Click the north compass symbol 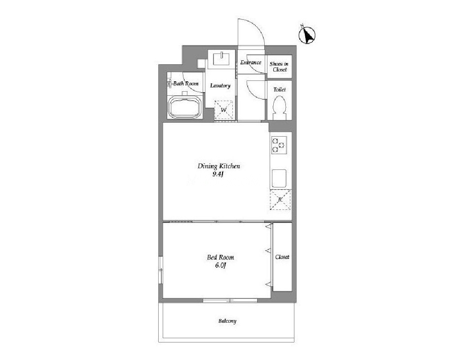pyautogui.click(x=307, y=35)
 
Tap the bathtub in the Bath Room pyautogui.click(x=185, y=107)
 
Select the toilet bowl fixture pyautogui.click(x=280, y=108)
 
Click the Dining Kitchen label pyautogui.click(x=219, y=166)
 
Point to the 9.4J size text pyautogui.click(x=218, y=174)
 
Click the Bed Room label pyautogui.click(x=221, y=258)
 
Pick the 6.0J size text pyautogui.click(x=221, y=266)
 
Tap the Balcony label pyautogui.click(x=227, y=321)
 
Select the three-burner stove pyautogui.click(x=279, y=145)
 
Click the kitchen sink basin pyautogui.click(x=279, y=178)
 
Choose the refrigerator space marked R pyautogui.click(x=280, y=200)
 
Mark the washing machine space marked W pyautogui.click(x=224, y=110)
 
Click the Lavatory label pyautogui.click(x=220, y=86)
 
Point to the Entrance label pyautogui.click(x=251, y=62)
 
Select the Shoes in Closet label pyautogui.click(x=279, y=67)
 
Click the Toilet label pyautogui.click(x=280, y=89)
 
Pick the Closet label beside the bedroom pyautogui.click(x=282, y=257)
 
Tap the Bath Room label pyautogui.click(x=186, y=84)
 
